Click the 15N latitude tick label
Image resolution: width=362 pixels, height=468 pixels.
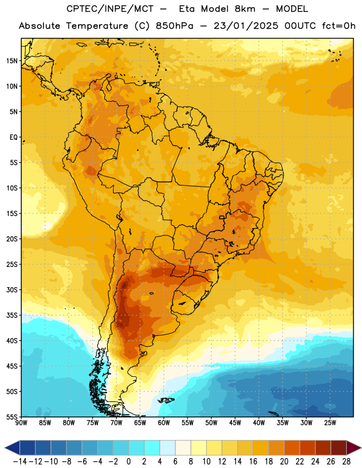point(12,61)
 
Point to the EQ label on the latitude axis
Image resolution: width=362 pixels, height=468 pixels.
point(13,137)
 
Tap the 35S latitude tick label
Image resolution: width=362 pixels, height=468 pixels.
point(12,315)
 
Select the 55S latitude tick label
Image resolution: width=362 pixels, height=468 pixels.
point(12,417)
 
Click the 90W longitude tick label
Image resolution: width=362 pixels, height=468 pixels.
point(21,422)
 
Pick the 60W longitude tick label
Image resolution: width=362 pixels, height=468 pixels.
point(164,422)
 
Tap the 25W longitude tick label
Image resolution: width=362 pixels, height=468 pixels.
point(330,422)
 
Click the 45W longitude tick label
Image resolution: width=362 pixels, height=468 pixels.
point(235,422)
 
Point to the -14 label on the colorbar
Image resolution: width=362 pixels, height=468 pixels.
point(20,462)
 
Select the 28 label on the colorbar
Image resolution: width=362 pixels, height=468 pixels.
point(346,462)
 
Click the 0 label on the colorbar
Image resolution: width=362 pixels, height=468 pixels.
point(129,462)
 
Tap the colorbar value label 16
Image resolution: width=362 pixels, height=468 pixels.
point(253,462)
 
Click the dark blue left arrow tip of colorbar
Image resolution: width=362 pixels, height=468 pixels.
point(5,448)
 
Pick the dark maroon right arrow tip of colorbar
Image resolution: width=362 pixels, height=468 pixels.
point(360,448)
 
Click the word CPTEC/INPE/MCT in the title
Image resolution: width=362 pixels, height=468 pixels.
point(110,9)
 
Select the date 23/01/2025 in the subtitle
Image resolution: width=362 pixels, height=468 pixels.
point(245,26)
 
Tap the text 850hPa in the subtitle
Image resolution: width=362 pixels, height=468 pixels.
point(175,26)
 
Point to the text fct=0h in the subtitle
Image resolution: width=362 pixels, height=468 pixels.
point(339,26)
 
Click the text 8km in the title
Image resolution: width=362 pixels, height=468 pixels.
point(245,9)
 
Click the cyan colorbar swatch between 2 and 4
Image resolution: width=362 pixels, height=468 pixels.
point(152,448)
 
